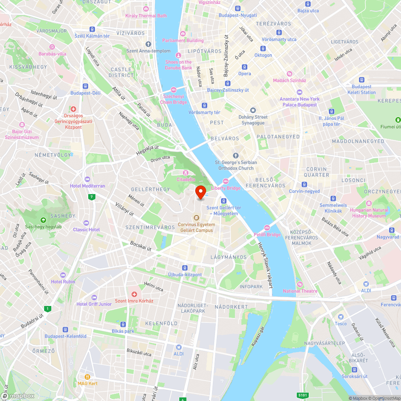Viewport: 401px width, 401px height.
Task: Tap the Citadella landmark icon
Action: [x=186, y=172]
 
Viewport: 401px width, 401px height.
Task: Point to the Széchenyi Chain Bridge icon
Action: [x=174, y=89]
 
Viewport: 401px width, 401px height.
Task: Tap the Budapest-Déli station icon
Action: [x=85, y=86]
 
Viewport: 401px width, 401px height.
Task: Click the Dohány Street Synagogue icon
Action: [x=253, y=110]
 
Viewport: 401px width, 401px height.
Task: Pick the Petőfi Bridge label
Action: [x=267, y=235]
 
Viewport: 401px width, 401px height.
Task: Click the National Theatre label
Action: [x=300, y=291]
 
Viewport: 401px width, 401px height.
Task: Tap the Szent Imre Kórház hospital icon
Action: [x=134, y=294]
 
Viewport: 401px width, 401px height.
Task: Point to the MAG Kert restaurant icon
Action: [x=87, y=377]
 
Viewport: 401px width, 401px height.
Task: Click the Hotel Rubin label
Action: [x=63, y=282]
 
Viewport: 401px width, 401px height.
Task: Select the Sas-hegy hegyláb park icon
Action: [x=43, y=220]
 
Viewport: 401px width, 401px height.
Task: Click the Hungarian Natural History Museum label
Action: [x=369, y=213]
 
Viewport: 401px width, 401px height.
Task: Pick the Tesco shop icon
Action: [x=340, y=317]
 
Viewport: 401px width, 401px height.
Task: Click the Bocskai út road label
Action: [x=140, y=246]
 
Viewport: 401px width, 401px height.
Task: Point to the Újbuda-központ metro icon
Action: [x=185, y=267]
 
